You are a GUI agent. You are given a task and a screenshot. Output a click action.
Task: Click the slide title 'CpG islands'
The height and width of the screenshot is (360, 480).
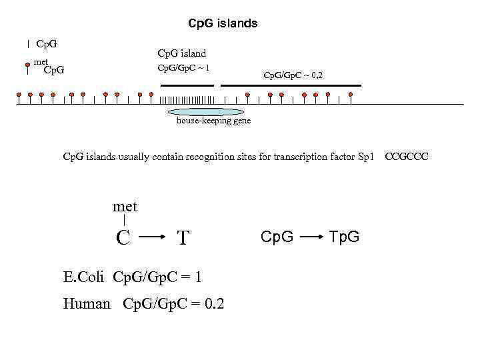[x=223, y=23]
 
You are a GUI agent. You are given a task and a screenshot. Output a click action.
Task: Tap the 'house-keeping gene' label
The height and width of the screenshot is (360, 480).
[x=213, y=121]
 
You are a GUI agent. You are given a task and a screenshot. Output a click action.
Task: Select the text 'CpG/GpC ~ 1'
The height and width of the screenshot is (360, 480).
[x=183, y=68]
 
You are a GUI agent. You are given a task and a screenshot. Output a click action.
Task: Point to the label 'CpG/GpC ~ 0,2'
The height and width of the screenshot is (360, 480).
[x=293, y=75]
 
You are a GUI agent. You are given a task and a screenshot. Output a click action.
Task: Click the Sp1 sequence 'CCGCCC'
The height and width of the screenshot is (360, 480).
[x=407, y=157]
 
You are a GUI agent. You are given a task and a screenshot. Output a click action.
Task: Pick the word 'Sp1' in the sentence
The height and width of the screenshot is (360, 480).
[x=366, y=157]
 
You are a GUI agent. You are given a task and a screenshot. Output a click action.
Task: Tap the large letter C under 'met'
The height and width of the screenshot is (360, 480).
[x=123, y=237]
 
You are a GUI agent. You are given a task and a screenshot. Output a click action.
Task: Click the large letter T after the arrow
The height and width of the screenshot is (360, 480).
[x=185, y=237]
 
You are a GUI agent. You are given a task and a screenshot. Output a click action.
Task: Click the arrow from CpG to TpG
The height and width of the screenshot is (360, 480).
[x=311, y=236]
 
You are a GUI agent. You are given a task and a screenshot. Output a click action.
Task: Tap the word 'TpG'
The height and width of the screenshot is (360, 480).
[x=344, y=236]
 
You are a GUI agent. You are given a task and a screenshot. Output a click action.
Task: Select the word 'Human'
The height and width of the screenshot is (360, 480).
[x=87, y=304]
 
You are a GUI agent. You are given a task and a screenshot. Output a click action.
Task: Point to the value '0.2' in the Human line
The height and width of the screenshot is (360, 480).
[x=215, y=304]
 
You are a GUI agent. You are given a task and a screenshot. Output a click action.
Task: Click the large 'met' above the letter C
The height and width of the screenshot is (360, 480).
[x=125, y=207]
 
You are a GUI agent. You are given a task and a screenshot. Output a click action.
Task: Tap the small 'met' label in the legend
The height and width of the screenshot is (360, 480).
[x=41, y=62]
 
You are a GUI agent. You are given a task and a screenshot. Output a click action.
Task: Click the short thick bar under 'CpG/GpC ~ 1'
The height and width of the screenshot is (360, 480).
[x=187, y=86]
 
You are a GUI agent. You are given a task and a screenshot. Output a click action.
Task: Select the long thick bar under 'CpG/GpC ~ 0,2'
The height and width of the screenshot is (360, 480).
[x=291, y=86]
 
